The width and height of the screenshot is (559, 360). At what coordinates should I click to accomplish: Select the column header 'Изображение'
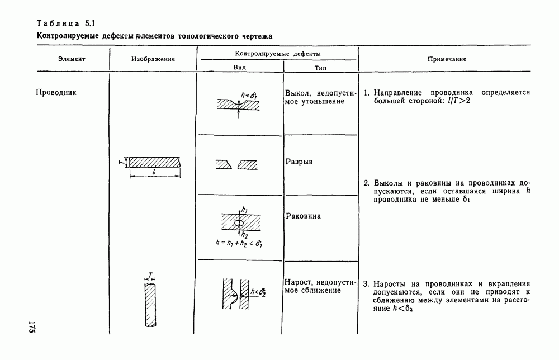click(x=153, y=59)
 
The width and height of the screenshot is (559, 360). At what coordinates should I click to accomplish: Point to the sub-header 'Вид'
click(x=239, y=67)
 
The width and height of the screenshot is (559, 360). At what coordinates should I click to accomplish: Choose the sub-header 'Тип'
click(x=320, y=67)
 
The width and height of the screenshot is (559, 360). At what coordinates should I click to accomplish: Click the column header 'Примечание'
click(x=447, y=59)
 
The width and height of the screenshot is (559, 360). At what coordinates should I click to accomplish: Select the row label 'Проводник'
click(x=56, y=92)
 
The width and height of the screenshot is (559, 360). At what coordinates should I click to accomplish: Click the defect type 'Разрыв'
click(x=299, y=162)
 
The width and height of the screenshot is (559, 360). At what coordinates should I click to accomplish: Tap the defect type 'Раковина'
click(x=303, y=216)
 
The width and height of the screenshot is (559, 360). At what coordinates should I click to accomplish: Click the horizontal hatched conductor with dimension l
click(x=155, y=162)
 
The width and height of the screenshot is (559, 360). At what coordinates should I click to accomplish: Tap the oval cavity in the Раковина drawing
click(x=238, y=223)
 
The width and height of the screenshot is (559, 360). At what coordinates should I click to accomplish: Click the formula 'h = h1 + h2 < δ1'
click(x=239, y=243)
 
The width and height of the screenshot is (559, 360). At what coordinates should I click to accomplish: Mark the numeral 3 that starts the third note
click(x=366, y=283)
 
